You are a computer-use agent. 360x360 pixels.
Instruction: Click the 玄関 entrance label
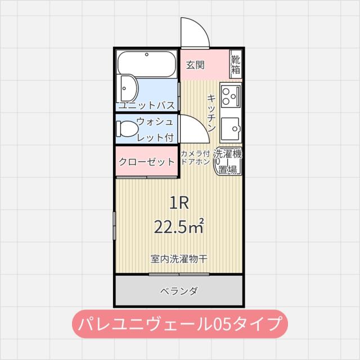(x=195, y=65)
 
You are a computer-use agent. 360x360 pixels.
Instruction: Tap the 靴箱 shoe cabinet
(x=236, y=65)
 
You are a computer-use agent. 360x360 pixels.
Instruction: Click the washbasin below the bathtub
(x=129, y=89)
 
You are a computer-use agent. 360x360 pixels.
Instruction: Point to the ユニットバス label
(x=147, y=105)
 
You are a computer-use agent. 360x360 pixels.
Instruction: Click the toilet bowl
(x=126, y=129)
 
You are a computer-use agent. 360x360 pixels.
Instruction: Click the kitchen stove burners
(x=231, y=97)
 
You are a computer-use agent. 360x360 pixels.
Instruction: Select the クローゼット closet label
(x=147, y=162)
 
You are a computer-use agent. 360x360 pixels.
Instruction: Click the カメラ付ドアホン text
(x=195, y=157)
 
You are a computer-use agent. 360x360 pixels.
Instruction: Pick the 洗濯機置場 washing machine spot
(x=228, y=161)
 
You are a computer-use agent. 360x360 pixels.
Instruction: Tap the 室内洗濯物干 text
(x=179, y=259)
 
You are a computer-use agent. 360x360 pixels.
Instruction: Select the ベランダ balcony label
(x=179, y=291)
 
